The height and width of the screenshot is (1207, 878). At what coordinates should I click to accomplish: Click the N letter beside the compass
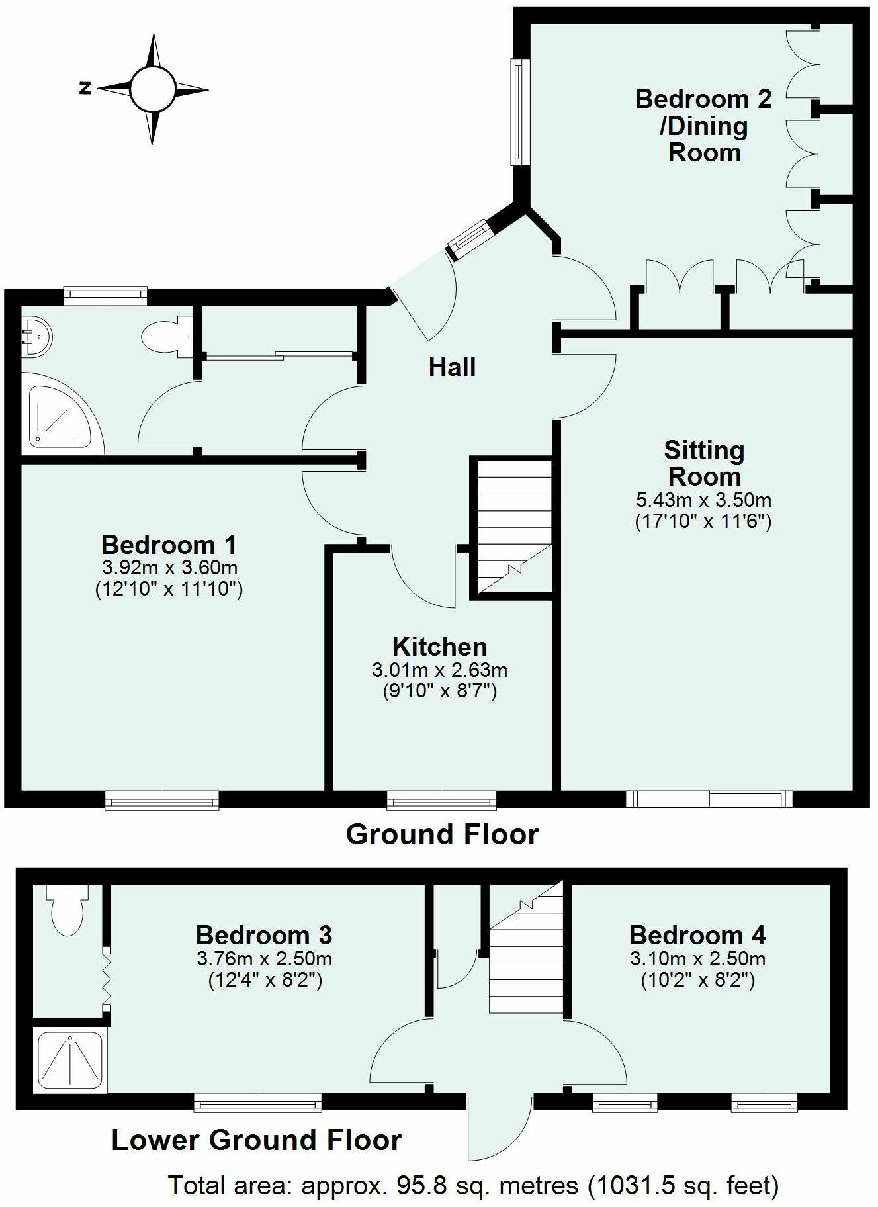tap(85, 88)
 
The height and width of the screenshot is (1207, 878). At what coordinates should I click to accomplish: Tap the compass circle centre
tap(153, 89)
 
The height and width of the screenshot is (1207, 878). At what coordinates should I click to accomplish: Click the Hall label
tap(452, 367)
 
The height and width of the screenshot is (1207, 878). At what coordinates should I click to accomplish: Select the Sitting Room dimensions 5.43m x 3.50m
tap(703, 500)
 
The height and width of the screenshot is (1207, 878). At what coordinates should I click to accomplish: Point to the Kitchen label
tap(439, 647)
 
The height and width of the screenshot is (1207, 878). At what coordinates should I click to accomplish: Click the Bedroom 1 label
tap(169, 545)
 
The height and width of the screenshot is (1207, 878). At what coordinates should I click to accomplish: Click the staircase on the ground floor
tap(515, 526)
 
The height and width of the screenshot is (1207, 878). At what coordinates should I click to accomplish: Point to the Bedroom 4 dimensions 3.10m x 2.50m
tap(697, 959)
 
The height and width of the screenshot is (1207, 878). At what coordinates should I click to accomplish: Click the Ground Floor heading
tap(442, 834)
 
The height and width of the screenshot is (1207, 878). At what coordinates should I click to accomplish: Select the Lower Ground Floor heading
tap(257, 1140)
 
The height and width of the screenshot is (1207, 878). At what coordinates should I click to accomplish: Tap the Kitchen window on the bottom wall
tap(441, 801)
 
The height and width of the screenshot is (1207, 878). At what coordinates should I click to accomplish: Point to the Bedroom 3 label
tap(263, 935)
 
